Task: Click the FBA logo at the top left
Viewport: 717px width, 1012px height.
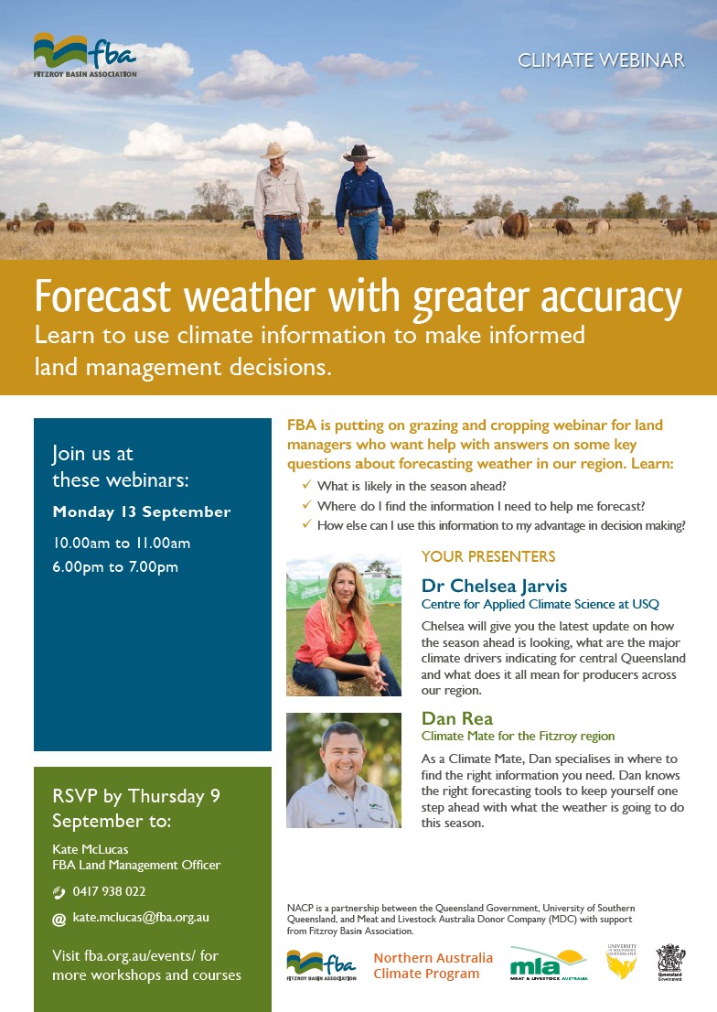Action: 85,56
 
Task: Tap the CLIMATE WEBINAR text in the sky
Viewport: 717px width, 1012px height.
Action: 601,60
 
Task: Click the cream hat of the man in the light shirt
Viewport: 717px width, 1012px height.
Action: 275,150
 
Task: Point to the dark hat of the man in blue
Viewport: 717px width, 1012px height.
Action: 358,153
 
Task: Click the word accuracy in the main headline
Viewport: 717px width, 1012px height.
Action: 611,298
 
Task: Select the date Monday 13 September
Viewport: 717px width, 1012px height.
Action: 142,511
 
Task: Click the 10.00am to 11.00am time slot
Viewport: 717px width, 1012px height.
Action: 122,544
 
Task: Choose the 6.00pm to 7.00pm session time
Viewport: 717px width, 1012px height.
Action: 115,567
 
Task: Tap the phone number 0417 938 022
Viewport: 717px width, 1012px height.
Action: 109,891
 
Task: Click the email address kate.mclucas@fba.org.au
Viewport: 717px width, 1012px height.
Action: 141,917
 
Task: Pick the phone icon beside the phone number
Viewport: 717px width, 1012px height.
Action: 59,893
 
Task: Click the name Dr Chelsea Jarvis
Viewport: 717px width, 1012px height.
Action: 495,586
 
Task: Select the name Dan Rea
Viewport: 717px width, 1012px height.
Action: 457,718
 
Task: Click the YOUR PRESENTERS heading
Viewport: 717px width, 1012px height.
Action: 488,556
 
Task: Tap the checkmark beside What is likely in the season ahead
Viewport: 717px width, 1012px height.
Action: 306,485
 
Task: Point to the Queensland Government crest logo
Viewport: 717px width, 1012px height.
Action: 671,963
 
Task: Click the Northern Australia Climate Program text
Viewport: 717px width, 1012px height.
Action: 433,965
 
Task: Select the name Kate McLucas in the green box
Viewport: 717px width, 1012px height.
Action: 91,849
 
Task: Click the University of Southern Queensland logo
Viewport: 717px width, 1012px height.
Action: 622,962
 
